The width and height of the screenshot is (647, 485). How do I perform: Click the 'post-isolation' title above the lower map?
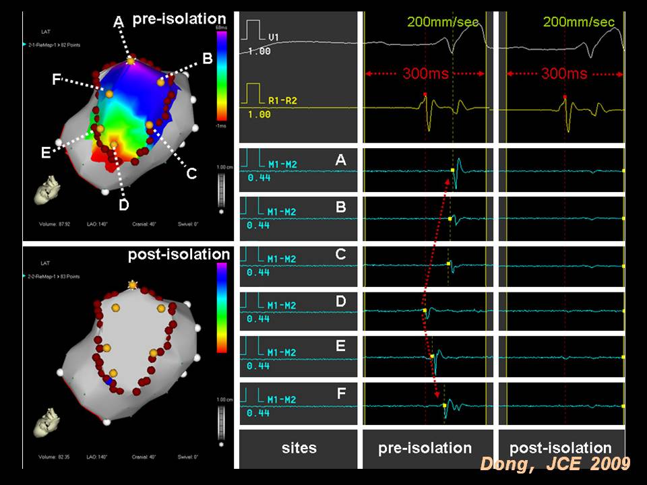pos(179,255)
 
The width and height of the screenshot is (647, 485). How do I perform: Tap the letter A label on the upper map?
pos(119,23)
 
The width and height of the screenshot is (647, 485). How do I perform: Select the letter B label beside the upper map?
pos(208,59)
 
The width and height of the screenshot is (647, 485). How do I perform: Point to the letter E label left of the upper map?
pos(45,153)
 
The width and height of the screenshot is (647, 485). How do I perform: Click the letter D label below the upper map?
pos(123,205)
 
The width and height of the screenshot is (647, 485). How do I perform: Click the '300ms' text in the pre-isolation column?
pos(425,73)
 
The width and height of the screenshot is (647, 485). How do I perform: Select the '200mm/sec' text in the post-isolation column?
pos(579,22)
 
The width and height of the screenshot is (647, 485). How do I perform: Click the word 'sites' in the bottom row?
pos(299,448)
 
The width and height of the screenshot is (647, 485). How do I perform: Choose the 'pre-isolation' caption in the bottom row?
pos(425,448)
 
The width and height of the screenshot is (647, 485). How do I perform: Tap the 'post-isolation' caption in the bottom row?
pos(561,448)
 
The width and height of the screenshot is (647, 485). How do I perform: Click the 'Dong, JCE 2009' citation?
pos(555,464)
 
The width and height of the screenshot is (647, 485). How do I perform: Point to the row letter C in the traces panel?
pos(341,254)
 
